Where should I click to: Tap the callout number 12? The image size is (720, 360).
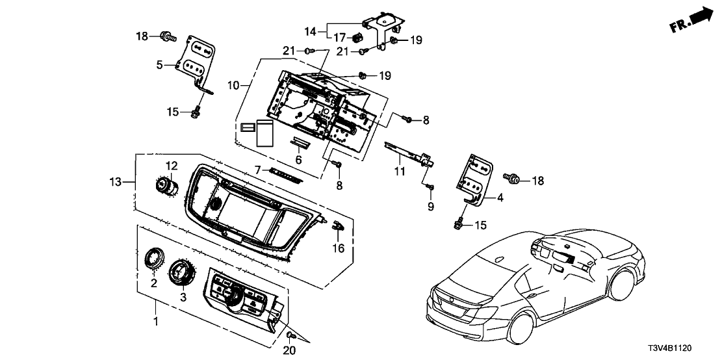tap(171, 166)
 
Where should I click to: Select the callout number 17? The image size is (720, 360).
tap(341, 36)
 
